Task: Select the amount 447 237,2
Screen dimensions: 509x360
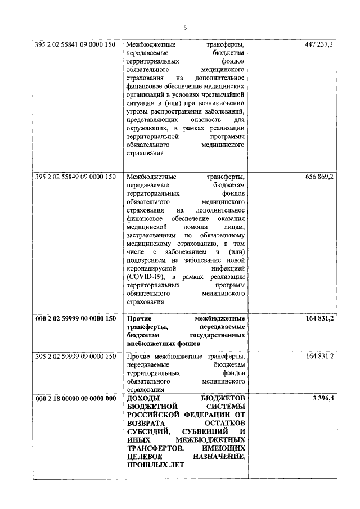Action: coord(318,44)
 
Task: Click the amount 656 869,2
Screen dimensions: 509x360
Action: coord(318,177)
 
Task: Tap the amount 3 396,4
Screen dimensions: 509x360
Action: coord(322,399)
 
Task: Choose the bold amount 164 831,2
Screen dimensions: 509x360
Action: coord(318,318)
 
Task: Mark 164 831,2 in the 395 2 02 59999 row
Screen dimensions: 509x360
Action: coord(318,357)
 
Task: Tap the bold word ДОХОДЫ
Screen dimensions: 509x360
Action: coord(143,399)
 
